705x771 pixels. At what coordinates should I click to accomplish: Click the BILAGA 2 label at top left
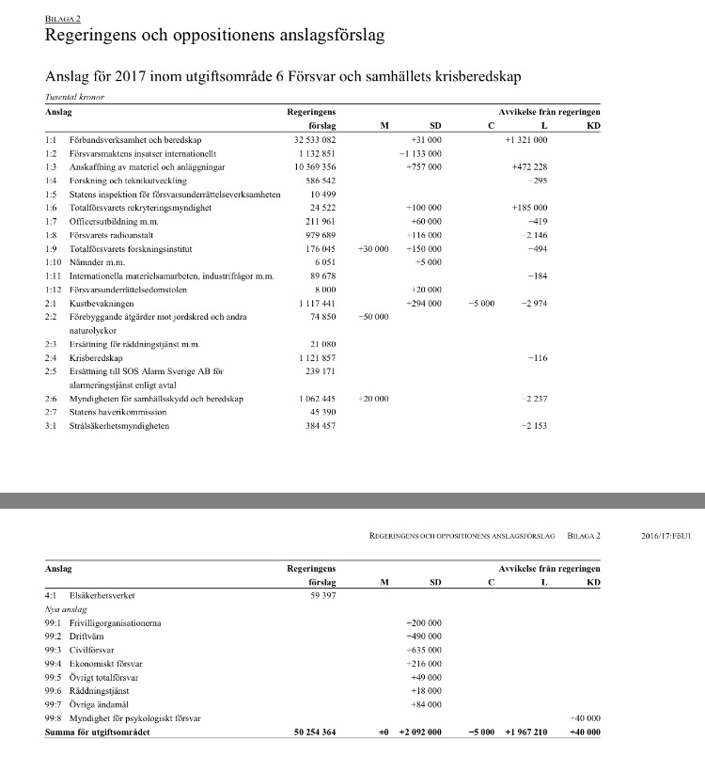coord(63,19)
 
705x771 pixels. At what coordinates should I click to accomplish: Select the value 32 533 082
coord(315,139)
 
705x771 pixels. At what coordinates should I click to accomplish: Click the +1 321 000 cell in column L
coord(525,139)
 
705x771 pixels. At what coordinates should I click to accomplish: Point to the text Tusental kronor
coord(73,97)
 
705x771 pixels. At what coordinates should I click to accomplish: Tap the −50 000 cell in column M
coord(372,318)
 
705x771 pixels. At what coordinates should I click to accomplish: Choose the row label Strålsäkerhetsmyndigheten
coord(119,427)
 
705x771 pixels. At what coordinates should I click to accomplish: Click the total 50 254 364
coord(315,732)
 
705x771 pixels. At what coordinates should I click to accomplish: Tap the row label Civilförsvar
coord(91,650)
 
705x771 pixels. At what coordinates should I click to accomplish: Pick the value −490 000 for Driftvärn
coord(423,637)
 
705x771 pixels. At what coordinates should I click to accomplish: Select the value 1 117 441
coord(317,305)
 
